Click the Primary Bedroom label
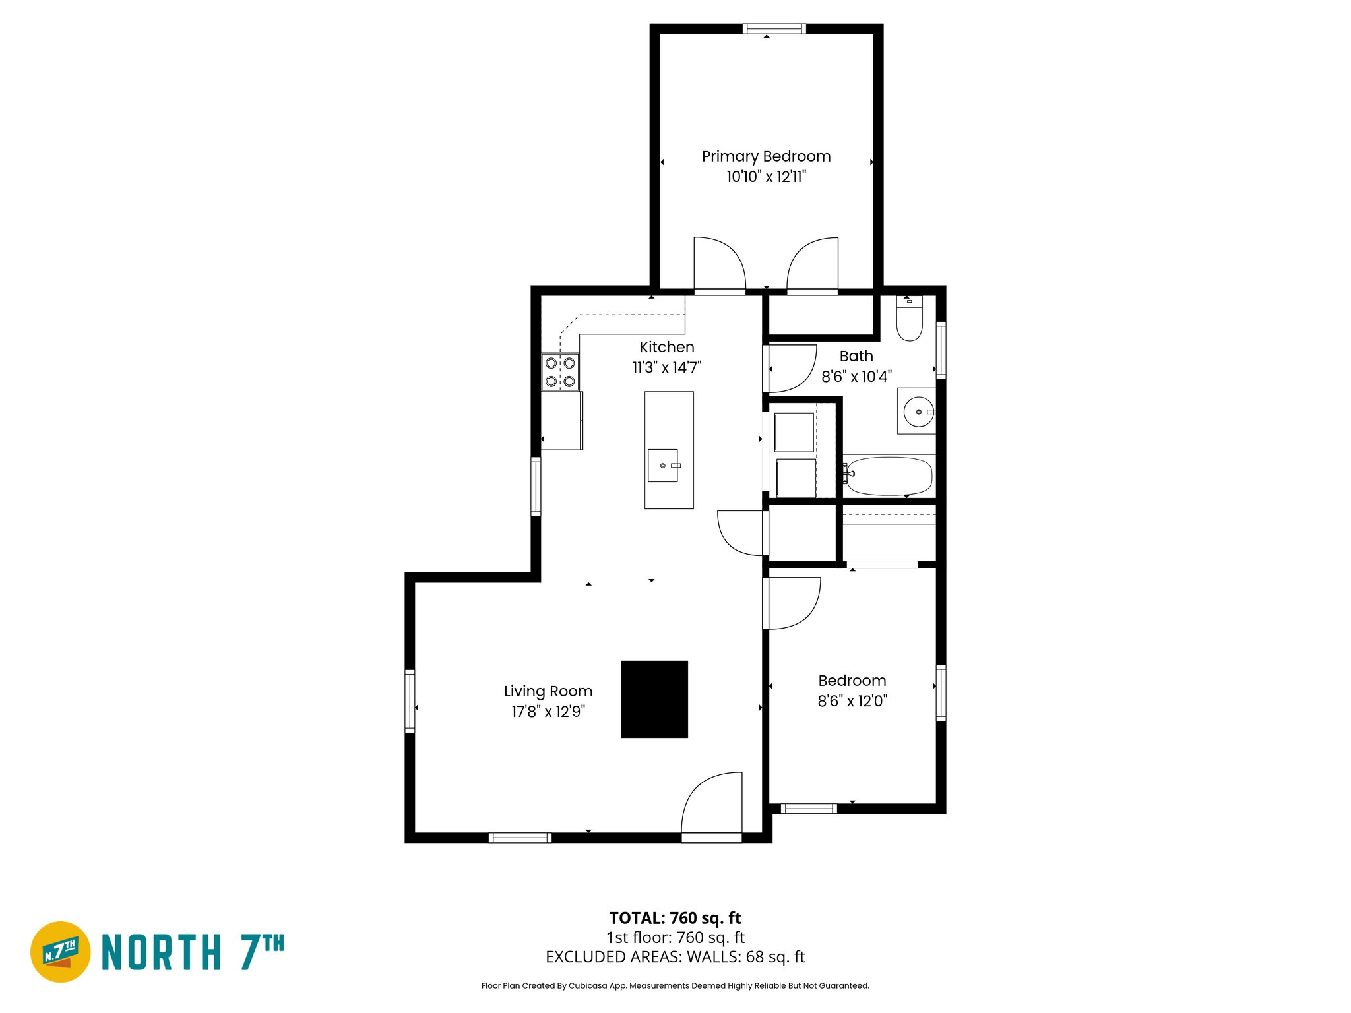766,156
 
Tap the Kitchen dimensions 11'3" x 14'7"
666,367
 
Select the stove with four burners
560,372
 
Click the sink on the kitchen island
663,466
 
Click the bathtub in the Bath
889,476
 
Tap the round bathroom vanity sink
918,412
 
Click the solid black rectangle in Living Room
654,699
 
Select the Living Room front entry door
712,808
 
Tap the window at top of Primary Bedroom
774,28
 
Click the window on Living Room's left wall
410,701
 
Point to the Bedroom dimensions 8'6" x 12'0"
852,701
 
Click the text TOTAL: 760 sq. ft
675,918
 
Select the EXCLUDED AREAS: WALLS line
675,957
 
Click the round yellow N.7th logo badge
61,952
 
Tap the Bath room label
856,356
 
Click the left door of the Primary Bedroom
719,265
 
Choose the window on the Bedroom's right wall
941,692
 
